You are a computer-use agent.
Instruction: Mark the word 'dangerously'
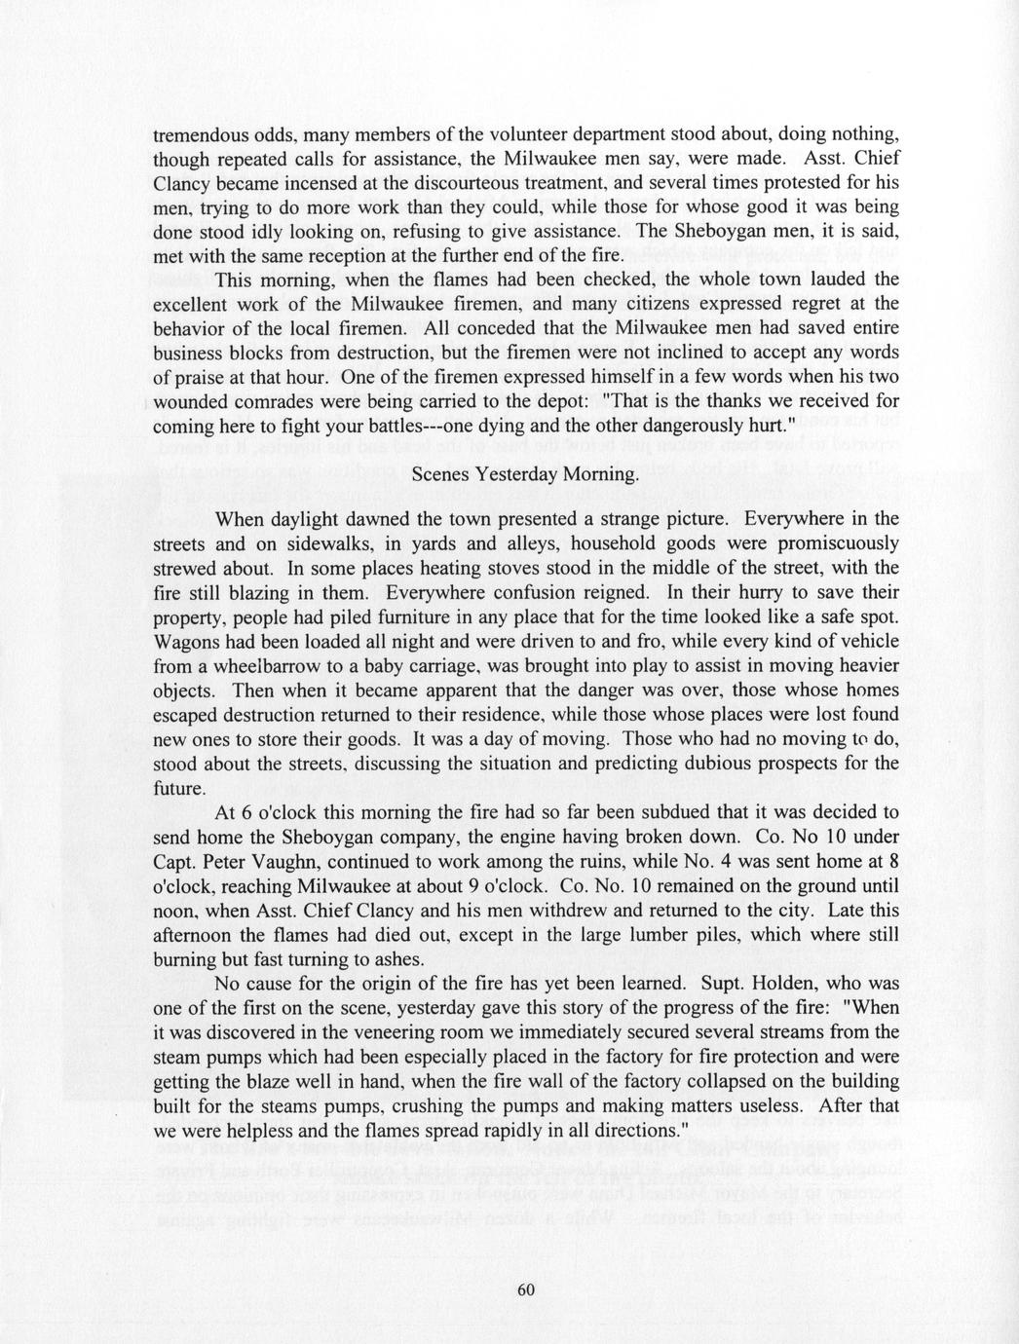[686, 425]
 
